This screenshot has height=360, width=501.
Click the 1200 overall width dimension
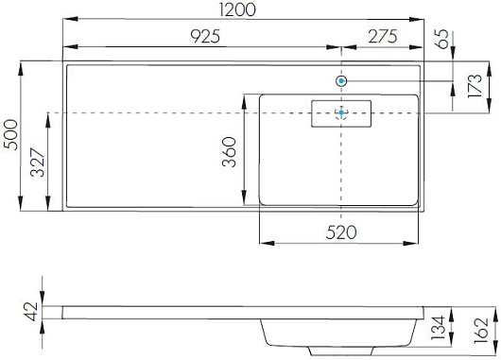[x=237, y=9]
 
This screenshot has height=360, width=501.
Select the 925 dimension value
[x=205, y=36]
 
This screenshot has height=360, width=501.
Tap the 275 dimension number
[x=383, y=36]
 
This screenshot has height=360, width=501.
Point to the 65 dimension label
[x=441, y=39]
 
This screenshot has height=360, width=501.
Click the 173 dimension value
[x=474, y=86]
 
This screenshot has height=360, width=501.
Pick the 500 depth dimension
[x=10, y=134]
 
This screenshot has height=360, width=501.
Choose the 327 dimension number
[x=38, y=163]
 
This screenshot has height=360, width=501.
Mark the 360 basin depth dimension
[x=229, y=152]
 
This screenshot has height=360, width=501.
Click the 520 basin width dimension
[x=341, y=232]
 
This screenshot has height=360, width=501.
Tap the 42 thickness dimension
[x=31, y=312]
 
